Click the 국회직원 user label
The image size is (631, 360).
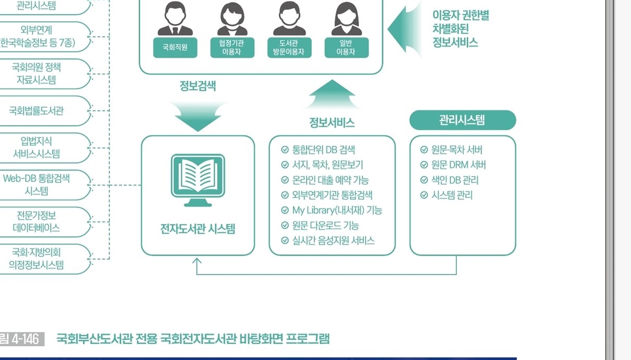tap(175, 47)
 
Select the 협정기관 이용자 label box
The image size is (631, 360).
tap(232, 47)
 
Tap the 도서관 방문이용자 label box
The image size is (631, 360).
tap(289, 47)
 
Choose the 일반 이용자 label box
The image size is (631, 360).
tap(347, 47)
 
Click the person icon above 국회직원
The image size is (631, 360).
tap(175, 18)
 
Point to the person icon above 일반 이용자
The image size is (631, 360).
tap(347, 18)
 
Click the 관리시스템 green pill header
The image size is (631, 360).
tap(463, 120)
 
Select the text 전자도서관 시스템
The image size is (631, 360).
tap(198, 228)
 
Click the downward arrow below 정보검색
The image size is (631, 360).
tap(198, 116)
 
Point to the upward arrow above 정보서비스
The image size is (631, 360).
tap(332, 94)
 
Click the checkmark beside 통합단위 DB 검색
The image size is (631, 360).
tap(285, 150)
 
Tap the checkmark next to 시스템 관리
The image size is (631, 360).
tap(424, 195)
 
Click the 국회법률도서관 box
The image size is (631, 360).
tap(45, 110)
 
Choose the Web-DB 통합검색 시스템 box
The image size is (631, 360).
tap(45, 185)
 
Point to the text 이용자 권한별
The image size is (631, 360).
tap(461, 15)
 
